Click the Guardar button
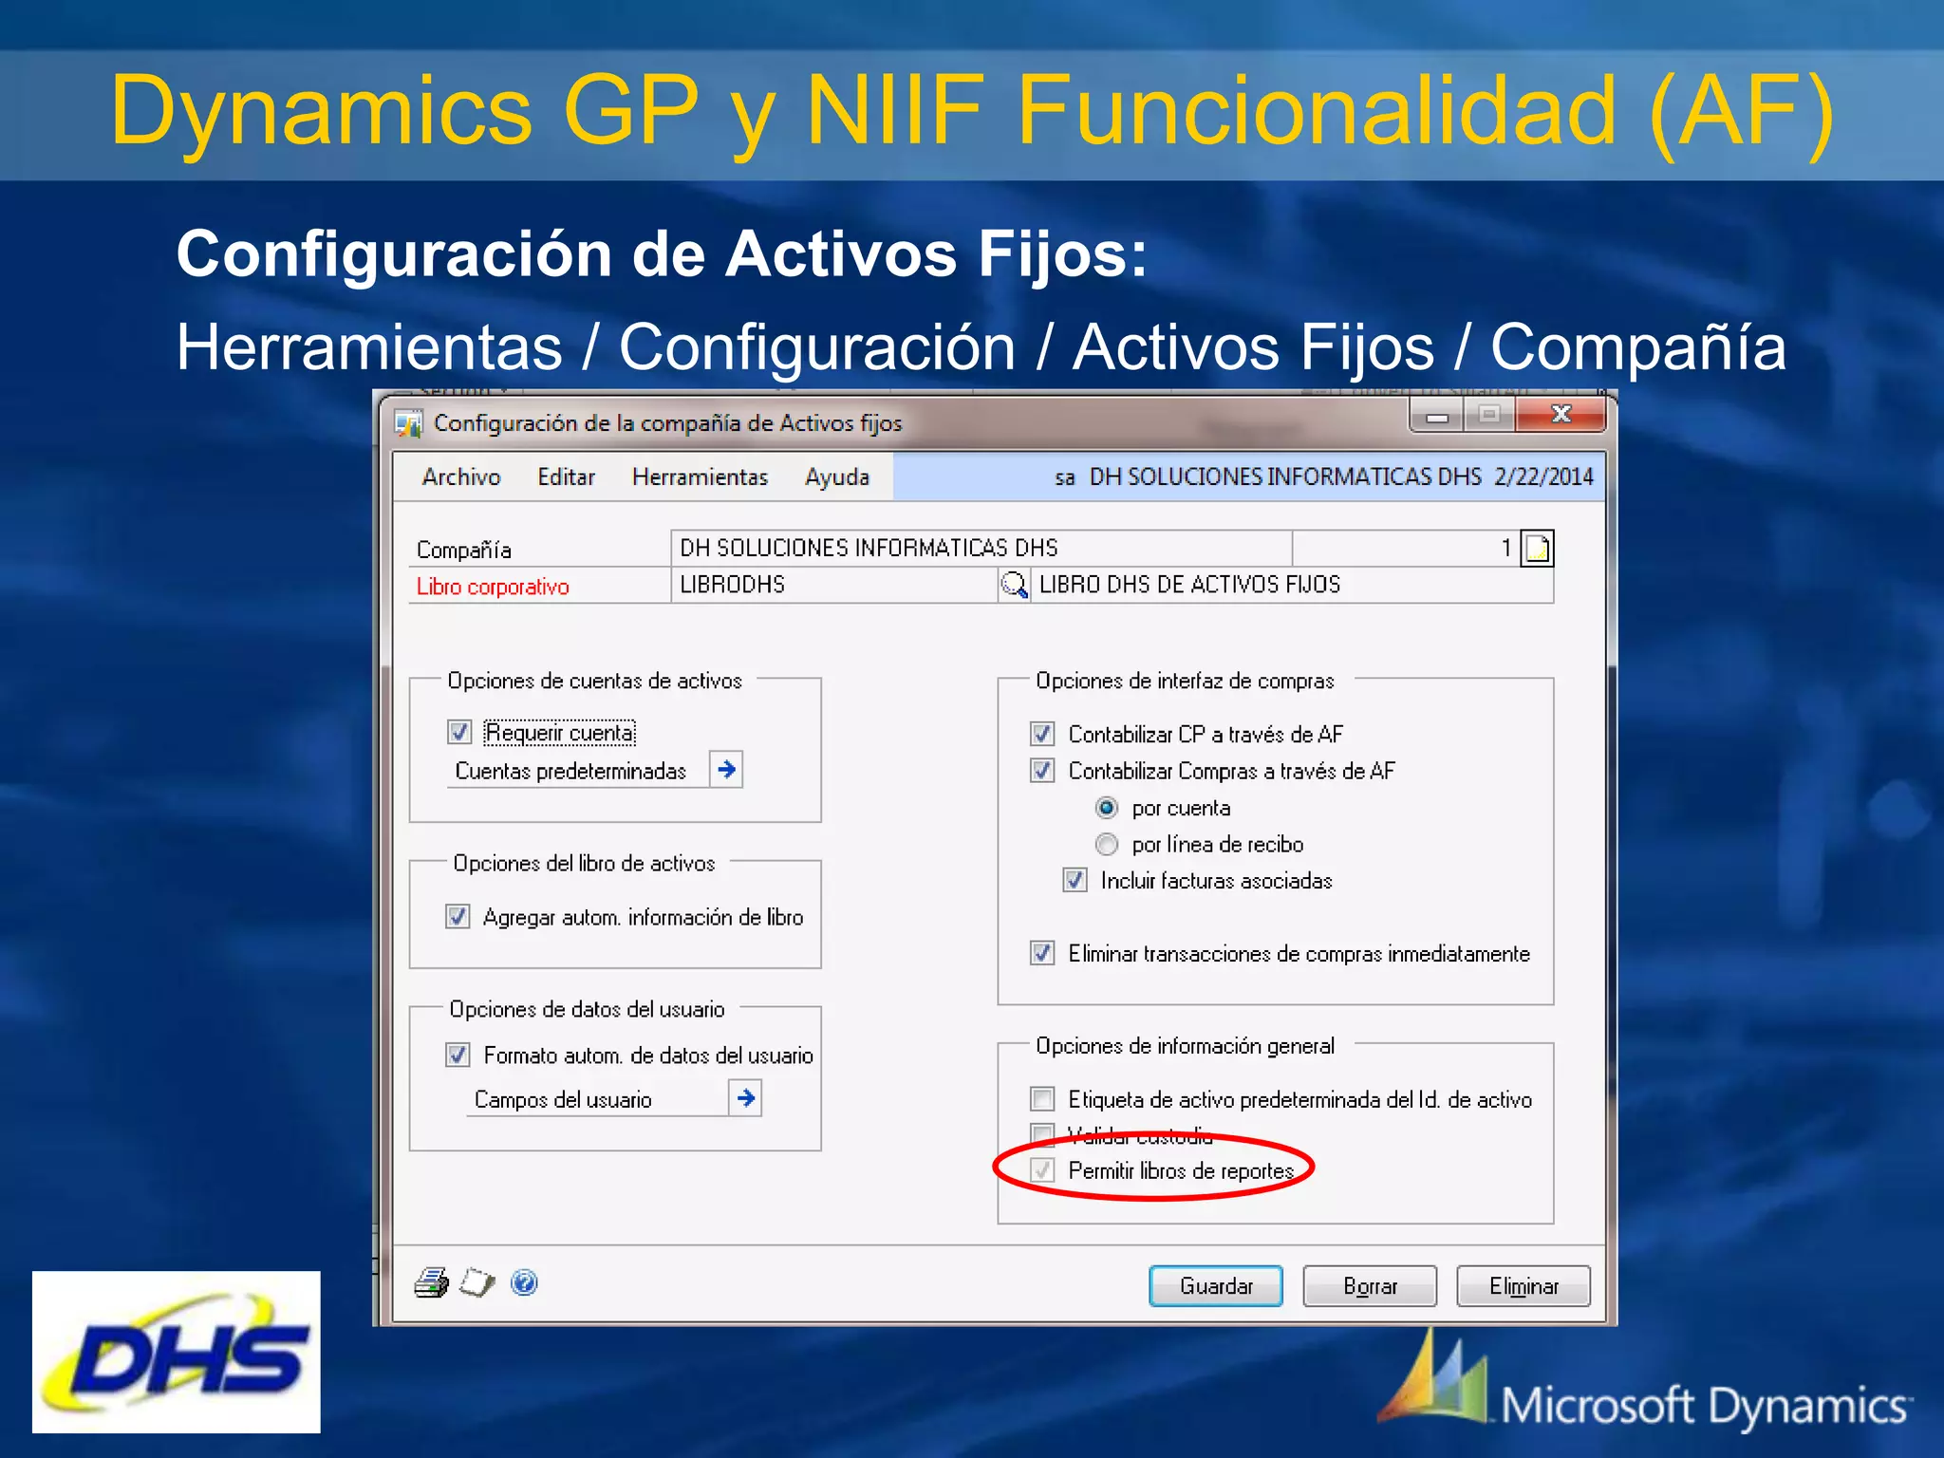click(1215, 1286)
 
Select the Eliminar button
click(1523, 1286)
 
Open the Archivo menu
click(461, 477)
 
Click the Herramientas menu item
click(700, 477)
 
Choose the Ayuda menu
click(836, 477)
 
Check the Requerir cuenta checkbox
click(459, 732)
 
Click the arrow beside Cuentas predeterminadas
click(727, 769)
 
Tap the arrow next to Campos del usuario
click(746, 1098)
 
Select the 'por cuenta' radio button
click(1107, 808)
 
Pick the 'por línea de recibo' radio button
click(1107, 844)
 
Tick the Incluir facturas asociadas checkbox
click(1075, 880)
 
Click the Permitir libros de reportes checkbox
click(1042, 1170)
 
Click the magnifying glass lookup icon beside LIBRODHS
click(1014, 585)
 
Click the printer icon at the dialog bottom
click(431, 1283)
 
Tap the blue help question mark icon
click(524, 1283)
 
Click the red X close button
click(1561, 414)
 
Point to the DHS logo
click(177, 1352)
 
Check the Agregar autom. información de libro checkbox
click(458, 916)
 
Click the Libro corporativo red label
click(493, 587)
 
